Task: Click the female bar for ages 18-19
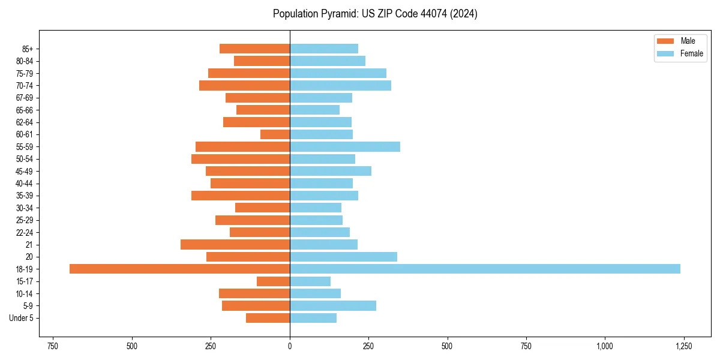pos(485,269)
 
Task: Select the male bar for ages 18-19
pos(179,269)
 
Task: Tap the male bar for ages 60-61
pos(275,134)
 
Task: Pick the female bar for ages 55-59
pos(345,146)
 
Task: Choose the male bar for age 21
pos(235,244)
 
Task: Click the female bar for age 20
pos(343,257)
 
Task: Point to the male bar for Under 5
pos(268,318)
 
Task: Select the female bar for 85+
pos(324,49)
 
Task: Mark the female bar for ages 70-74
pos(340,85)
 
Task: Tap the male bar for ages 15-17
pos(273,281)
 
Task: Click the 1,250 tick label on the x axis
pos(683,346)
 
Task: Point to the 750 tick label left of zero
pos(53,346)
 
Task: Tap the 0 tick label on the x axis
pos(290,346)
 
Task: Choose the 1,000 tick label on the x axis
pos(605,346)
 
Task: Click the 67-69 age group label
pos(25,98)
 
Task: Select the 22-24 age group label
pos(25,232)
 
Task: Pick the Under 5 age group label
pos(22,318)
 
